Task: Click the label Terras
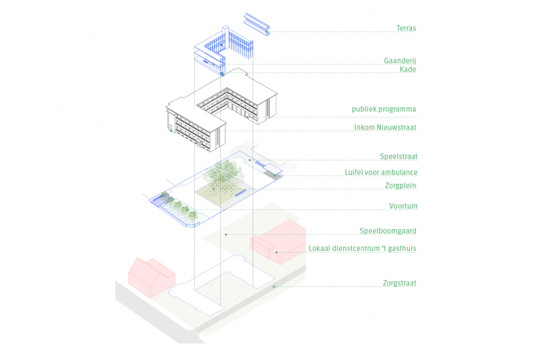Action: coord(406,28)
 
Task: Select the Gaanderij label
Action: coord(400,61)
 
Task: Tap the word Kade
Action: coord(408,69)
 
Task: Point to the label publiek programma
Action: coord(384,109)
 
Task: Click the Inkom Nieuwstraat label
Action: coord(385,127)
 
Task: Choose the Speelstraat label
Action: coord(398,157)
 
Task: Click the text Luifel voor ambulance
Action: coord(381,172)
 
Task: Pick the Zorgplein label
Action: coord(400,186)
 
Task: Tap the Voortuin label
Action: coord(403,206)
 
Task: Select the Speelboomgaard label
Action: coord(388,231)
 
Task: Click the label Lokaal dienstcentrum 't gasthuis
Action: coord(362,249)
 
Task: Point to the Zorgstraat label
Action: coord(399,283)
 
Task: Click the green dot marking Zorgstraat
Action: coord(274,286)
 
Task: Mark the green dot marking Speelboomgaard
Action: coord(226,234)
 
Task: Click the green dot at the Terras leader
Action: coord(266,32)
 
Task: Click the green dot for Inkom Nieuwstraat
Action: coord(171,131)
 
